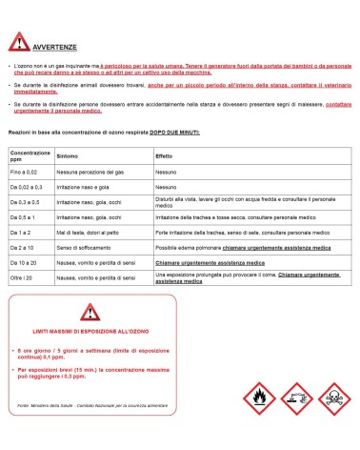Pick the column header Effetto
pyautogui.click(x=165, y=153)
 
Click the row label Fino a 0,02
pyautogui.click(x=26, y=174)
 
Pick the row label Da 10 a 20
pyautogui.click(x=26, y=260)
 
